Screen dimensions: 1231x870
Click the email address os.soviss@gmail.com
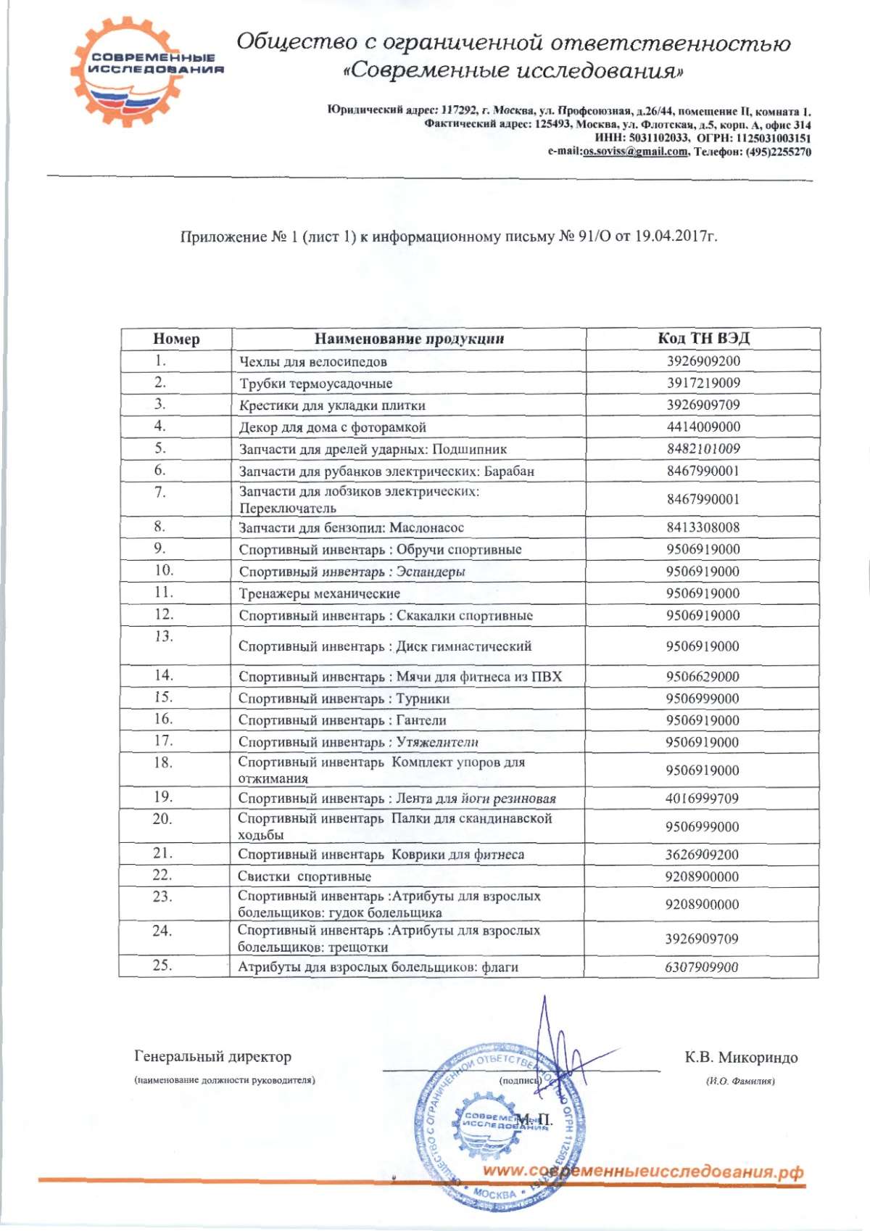pos(635,152)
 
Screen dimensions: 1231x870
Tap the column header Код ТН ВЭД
pos(703,338)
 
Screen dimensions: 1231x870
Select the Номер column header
pos(176,339)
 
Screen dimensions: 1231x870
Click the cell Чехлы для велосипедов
pos(313,361)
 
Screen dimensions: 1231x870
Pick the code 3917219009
pos(703,382)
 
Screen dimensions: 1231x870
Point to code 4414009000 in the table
pos(703,427)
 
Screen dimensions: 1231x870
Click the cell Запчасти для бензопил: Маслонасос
pos(352,527)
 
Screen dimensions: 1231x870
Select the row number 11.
pos(163,592)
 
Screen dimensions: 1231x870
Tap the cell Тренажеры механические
pos(320,593)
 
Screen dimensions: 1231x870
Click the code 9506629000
pos(703,676)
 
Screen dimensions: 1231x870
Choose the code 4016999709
pos(702,798)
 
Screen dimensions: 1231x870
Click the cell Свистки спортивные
pos(304,876)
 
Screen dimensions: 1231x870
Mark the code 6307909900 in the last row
pos(701,967)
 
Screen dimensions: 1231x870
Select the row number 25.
pos(162,965)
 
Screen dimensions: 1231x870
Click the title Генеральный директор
pos(212,1057)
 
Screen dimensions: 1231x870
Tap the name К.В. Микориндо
pos(741,1057)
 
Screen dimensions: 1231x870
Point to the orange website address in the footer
pos(643,1172)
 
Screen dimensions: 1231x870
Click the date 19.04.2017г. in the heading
pos(676,236)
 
